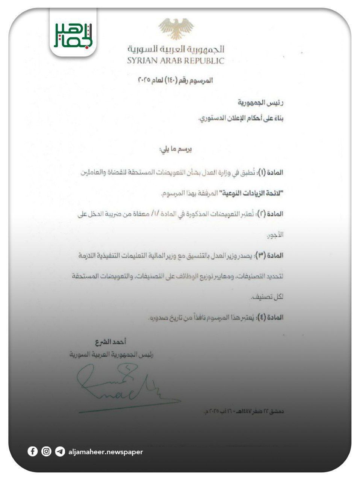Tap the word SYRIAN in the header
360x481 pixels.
tap(143, 61)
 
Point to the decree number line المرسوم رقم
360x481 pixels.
tap(176, 80)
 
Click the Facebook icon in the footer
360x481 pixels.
tap(33, 451)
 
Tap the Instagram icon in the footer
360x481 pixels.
tap(46, 451)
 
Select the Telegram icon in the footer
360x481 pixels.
tap(60, 451)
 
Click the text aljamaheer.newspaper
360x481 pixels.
tap(106, 452)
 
